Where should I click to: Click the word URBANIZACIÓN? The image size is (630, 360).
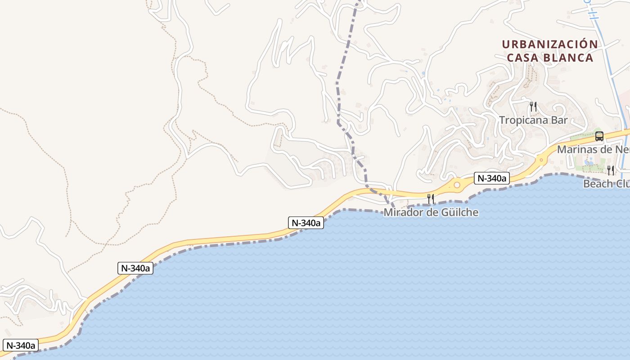click(x=550, y=44)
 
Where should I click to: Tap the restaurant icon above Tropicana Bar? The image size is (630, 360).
click(x=533, y=107)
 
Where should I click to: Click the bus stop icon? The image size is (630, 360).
click(x=599, y=136)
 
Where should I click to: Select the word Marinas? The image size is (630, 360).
click(x=576, y=149)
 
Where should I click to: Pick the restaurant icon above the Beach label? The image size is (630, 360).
click(x=611, y=170)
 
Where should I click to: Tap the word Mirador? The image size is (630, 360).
click(x=400, y=212)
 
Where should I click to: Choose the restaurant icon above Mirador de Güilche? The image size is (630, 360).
click(x=431, y=198)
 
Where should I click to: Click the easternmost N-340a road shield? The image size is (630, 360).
click(x=492, y=179)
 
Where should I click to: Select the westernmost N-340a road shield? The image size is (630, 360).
click(x=20, y=346)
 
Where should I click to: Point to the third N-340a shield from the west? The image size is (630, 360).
click(x=306, y=223)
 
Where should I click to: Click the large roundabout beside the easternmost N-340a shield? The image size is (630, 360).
click(x=457, y=184)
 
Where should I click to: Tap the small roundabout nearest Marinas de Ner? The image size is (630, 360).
click(x=540, y=159)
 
